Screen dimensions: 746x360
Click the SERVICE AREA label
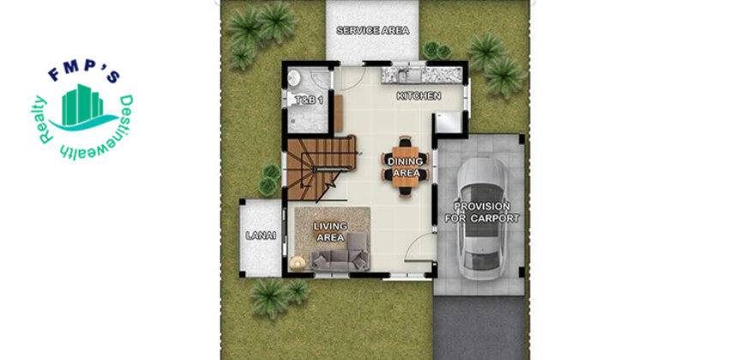[372, 31]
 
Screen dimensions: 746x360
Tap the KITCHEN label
[418, 96]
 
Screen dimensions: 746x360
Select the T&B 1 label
[310, 100]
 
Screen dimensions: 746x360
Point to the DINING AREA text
[406, 167]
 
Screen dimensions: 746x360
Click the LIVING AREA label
[330, 231]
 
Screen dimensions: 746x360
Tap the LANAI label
[261, 236]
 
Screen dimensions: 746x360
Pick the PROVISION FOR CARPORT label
[482, 213]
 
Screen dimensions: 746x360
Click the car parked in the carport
[482, 219]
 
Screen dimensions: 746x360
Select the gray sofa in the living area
[340, 253]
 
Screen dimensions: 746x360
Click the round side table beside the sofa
[298, 262]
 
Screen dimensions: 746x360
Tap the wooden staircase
[321, 167]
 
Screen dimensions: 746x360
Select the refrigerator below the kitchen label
[448, 123]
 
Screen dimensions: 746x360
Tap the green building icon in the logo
[82, 105]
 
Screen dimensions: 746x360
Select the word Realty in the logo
[42, 120]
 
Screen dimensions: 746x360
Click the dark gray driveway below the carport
[479, 327]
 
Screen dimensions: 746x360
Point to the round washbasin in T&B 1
[294, 76]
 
